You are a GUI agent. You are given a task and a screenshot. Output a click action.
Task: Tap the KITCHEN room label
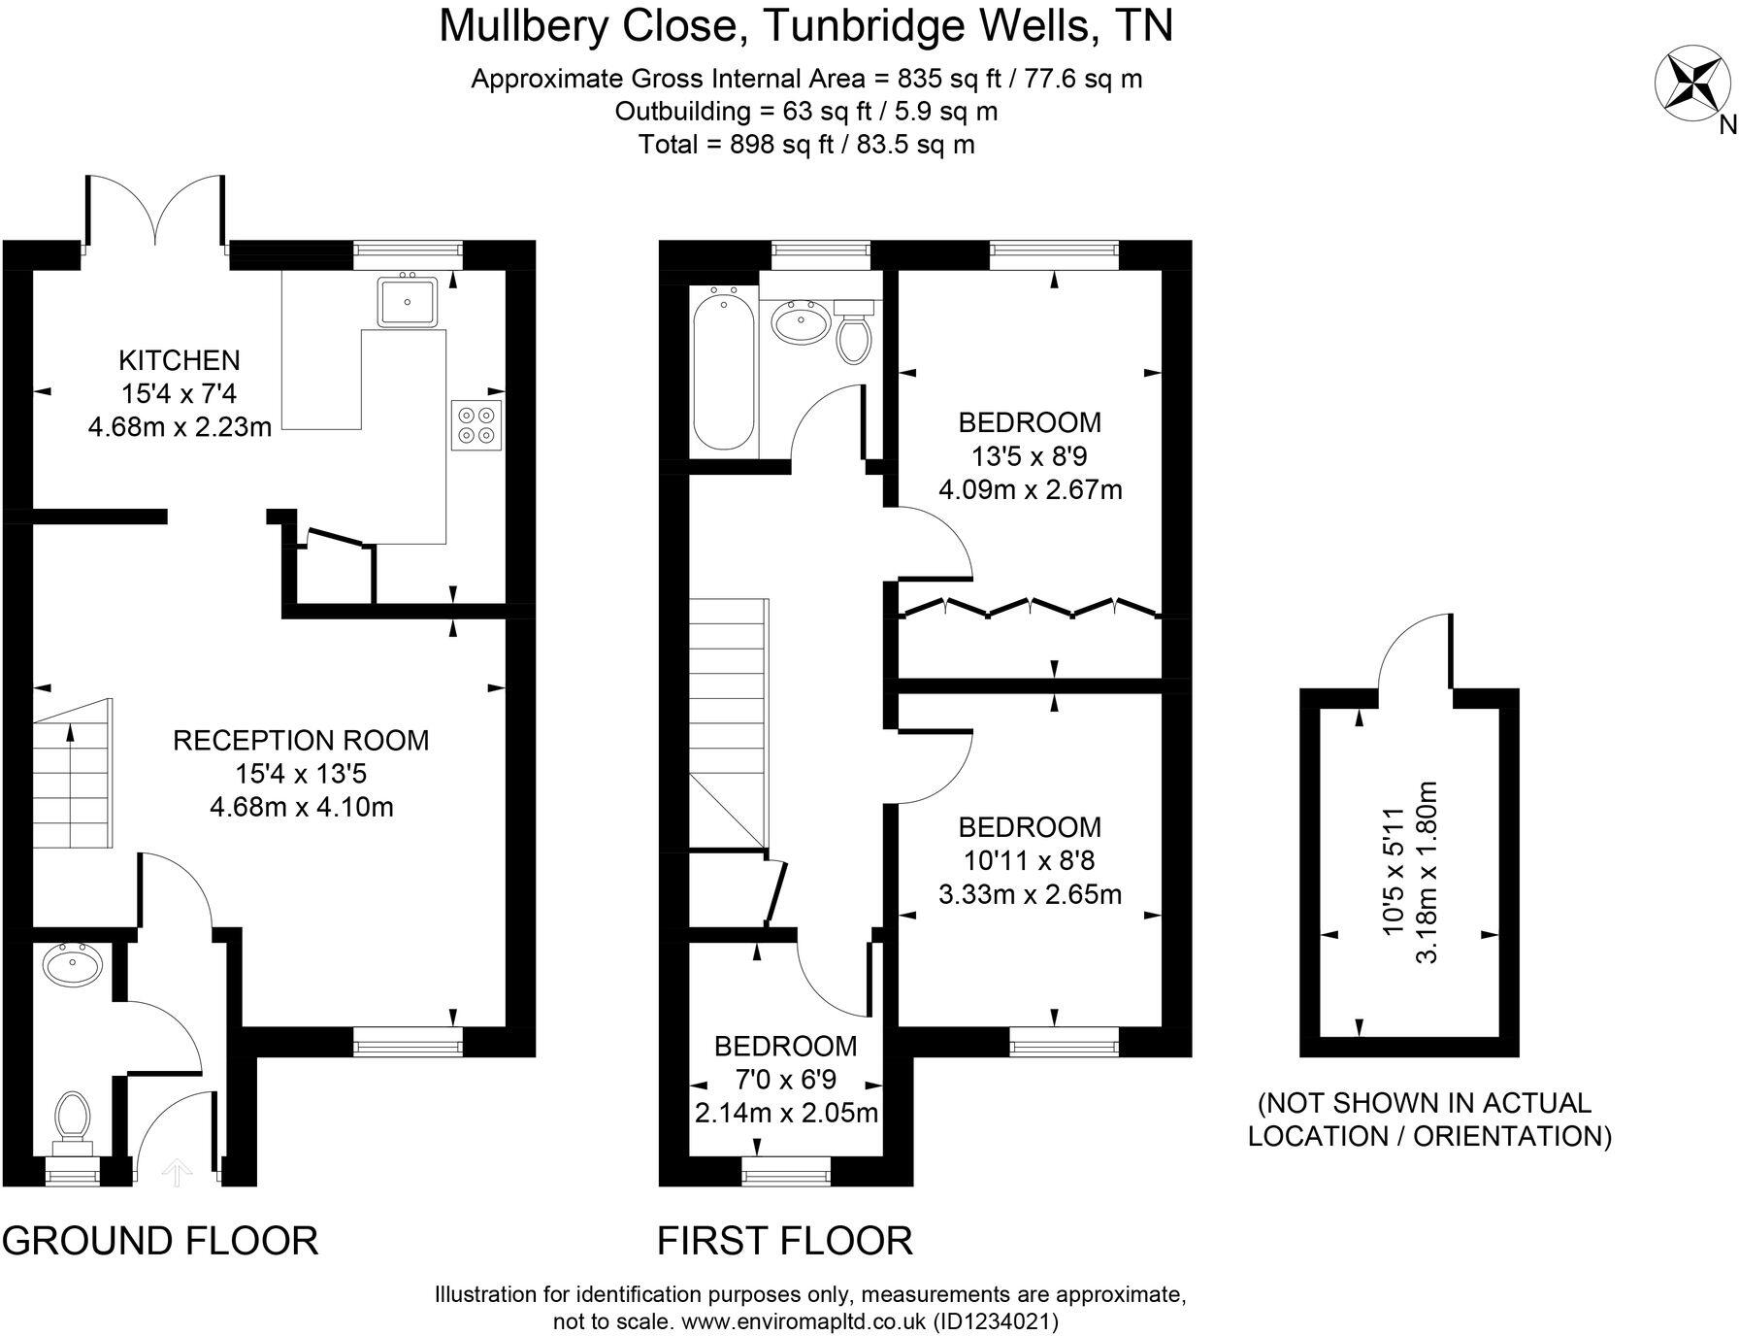point(179,360)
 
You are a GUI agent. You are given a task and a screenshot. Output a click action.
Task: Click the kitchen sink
point(409,300)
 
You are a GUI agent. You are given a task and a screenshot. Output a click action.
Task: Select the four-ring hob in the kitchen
point(476,424)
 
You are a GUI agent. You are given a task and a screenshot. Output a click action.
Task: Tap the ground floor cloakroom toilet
point(72,1119)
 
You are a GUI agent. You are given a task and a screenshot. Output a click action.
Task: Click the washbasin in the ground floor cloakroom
point(73,965)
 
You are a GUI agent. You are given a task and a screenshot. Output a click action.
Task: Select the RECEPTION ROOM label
point(301,741)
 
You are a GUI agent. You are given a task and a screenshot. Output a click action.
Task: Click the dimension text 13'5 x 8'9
point(1029,455)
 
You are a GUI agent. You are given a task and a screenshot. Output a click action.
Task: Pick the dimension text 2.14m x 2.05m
point(786,1113)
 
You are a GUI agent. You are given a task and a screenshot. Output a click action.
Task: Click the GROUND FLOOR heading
point(160,1241)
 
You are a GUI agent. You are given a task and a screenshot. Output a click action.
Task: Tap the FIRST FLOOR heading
point(784,1241)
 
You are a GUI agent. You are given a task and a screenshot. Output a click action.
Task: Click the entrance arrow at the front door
point(176,1173)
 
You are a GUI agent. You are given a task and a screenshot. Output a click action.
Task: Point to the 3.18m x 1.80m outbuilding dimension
point(1426,871)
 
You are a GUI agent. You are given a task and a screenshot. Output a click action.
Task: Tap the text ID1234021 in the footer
point(995,1321)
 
